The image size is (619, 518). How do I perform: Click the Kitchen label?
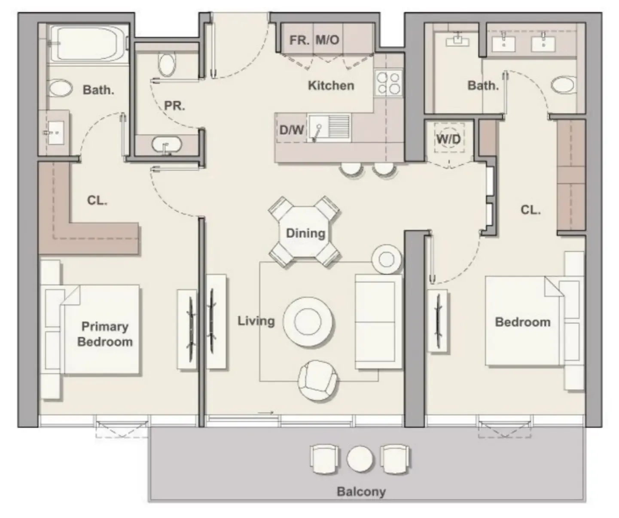point(331,85)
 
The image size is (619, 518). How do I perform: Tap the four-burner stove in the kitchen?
point(388,83)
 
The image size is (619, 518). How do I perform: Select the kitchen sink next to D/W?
point(329,127)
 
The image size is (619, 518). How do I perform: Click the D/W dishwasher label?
point(291,129)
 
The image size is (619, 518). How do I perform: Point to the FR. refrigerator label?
point(299,40)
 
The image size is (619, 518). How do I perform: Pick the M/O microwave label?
point(327,40)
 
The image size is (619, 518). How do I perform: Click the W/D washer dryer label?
point(448,139)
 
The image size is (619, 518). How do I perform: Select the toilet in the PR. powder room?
point(167,64)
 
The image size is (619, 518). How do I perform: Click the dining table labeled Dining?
point(305,233)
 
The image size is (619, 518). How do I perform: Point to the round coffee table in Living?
point(308,321)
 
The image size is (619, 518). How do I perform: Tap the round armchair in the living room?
point(318,380)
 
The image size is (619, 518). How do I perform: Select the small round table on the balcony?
point(360,459)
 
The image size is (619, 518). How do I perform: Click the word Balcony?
point(361,491)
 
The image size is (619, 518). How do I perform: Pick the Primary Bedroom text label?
point(105,334)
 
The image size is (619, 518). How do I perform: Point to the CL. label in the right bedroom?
point(531,210)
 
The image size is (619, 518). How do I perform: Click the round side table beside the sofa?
point(387,259)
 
